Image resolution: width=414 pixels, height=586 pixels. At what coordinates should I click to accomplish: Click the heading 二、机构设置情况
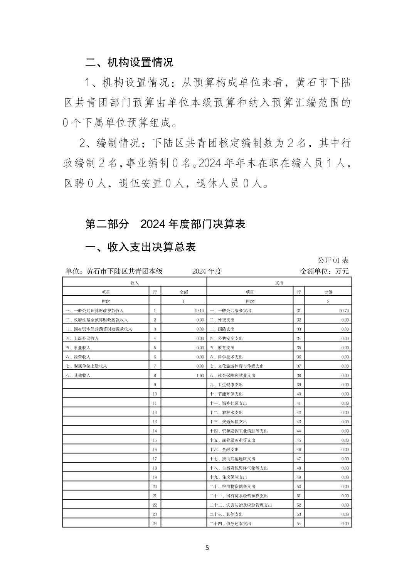pyautogui.click(x=129, y=62)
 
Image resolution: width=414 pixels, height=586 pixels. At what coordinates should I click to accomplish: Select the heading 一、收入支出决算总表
pyautogui.click(x=140, y=247)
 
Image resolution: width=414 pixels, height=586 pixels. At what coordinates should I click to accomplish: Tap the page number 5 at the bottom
pyautogui.click(x=207, y=548)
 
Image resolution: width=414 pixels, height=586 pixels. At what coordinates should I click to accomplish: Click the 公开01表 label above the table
pyautogui.click(x=333, y=261)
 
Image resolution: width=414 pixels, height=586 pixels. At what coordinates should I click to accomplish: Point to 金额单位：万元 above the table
pyautogui.click(x=324, y=271)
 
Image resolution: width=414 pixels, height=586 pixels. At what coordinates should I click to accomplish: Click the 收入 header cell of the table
pyautogui.click(x=135, y=283)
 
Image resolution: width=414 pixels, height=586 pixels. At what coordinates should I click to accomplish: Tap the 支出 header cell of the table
pyautogui.click(x=279, y=283)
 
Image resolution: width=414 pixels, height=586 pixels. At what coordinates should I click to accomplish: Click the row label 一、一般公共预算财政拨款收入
pyautogui.click(x=95, y=311)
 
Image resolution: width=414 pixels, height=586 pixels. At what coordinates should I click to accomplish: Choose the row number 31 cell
pyautogui.click(x=299, y=311)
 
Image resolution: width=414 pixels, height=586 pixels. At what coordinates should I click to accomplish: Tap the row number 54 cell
pyautogui.click(x=299, y=524)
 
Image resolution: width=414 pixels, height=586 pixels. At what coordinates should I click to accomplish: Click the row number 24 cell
pyautogui.click(x=155, y=524)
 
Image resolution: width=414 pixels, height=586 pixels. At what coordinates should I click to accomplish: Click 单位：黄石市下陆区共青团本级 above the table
pyautogui.click(x=114, y=271)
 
